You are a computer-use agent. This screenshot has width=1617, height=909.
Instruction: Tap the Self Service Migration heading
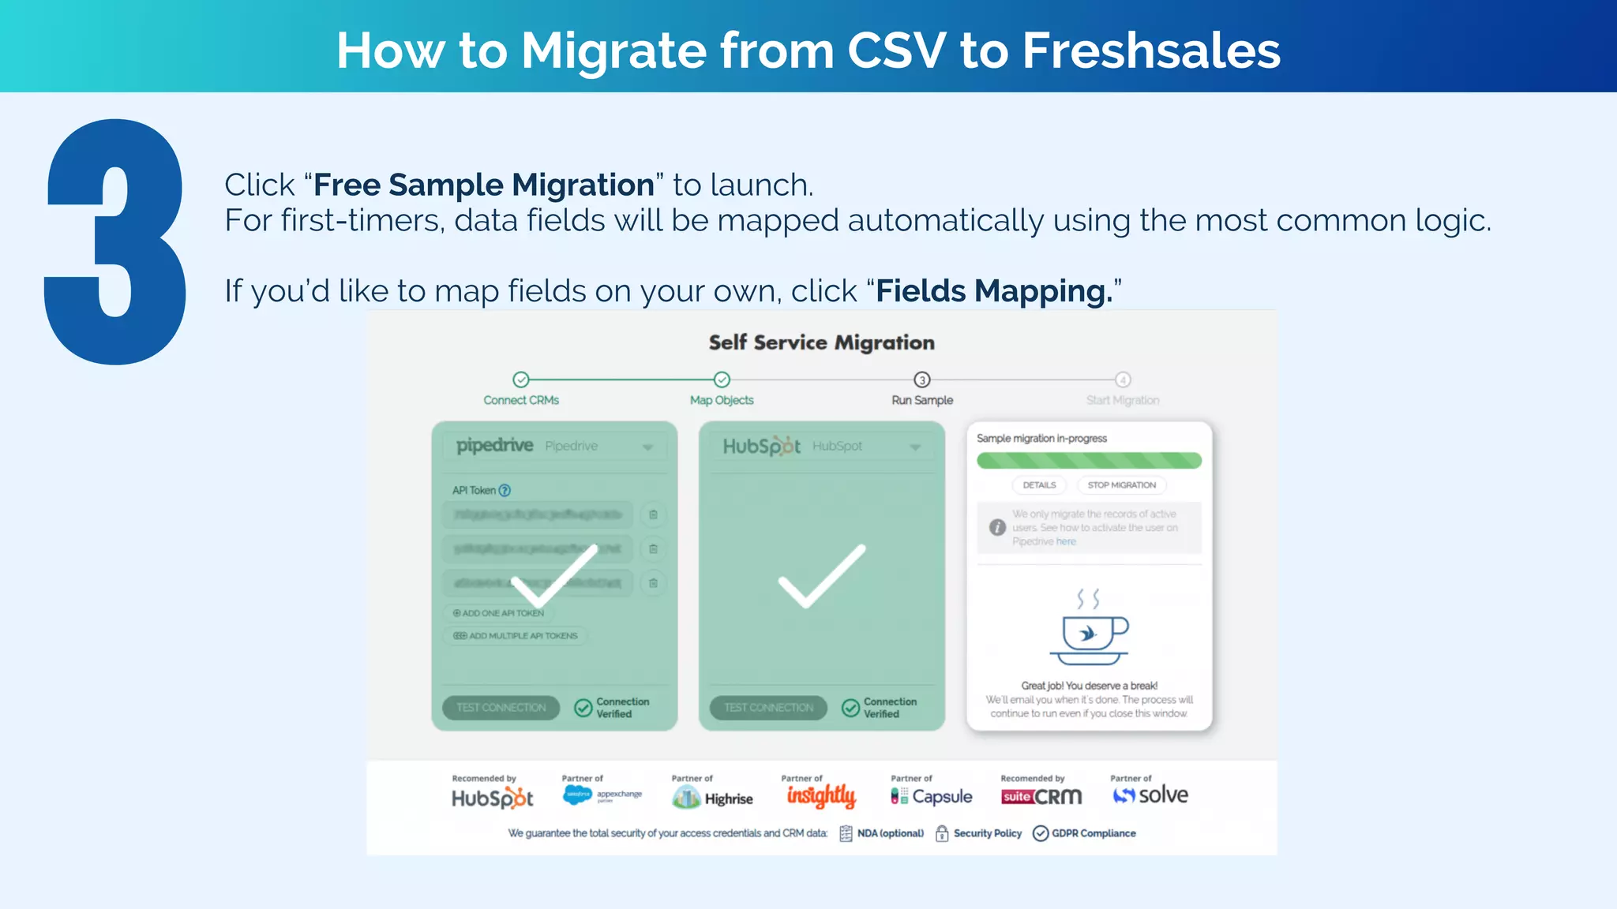[821, 342]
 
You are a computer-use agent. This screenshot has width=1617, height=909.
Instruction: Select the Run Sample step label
[921, 400]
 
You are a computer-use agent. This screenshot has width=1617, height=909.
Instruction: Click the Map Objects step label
[722, 400]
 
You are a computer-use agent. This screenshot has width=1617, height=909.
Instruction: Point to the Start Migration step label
[1122, 400]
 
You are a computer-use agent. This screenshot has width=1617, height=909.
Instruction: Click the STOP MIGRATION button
[1121, 485]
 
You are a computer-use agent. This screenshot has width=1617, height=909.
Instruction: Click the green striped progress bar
[1089, 460]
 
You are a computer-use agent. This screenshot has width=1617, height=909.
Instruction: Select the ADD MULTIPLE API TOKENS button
[516, 636]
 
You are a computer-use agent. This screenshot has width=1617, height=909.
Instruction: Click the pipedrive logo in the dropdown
[495, 446]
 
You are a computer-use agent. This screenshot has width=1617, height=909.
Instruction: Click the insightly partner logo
[821, 796]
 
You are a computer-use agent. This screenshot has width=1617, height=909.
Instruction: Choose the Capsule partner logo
[932, 796]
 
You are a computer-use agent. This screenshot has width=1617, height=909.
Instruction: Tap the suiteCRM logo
[1041, 797]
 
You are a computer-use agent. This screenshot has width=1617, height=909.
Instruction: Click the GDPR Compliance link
[1085, 833]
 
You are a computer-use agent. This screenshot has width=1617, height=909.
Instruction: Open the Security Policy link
[978, 833]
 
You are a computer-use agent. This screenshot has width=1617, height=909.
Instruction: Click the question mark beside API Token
[505, 490]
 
